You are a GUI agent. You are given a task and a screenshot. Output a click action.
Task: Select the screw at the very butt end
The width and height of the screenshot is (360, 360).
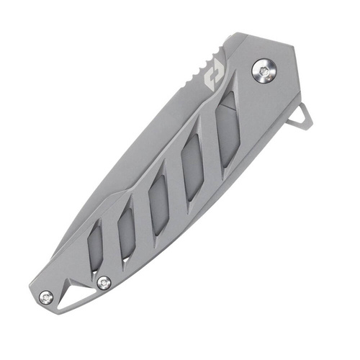coord(47,295)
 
